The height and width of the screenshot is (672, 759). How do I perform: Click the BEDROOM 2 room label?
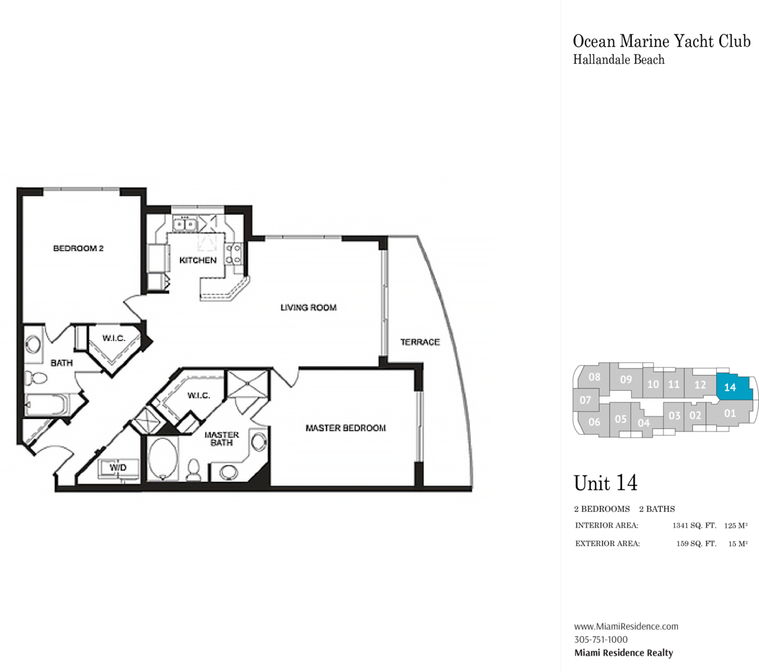pyautogui.click(x=78, y=248)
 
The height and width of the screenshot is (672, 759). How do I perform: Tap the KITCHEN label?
pyautogui.click(x=198, y=260)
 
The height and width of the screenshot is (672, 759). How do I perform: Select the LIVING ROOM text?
pyautogui.click(x=308, y=308)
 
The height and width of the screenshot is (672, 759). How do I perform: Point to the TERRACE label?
pyautogui.click(x=420, y=342)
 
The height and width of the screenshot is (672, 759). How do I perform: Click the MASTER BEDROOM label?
pyautogui.click(x=346, y=428)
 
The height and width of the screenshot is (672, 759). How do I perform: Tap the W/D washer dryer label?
pyautogui.click(x=118, y=468)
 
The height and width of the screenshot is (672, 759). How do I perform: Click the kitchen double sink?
pyautogui.click(x=185, y=224)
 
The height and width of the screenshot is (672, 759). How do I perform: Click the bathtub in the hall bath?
pyautogui.click(x=47, y=405)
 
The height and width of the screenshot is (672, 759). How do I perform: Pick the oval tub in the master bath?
pyautogui.click(x=163, y=459)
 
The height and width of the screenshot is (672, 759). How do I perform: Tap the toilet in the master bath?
pyautogui.click(x=194, y=470)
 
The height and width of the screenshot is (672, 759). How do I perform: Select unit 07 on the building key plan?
pyautogui.click(x=585, y=400)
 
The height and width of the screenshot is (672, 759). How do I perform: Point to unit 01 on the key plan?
pyautogui.click(x=729, y=414)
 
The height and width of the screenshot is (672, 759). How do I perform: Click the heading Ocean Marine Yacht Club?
pyautogui.click(x=661, y=41)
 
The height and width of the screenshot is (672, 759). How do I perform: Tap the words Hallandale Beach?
pyautogui.click(x=619, y=59)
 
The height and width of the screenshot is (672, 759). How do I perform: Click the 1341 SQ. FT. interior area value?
pyautogui.click(x=694, y=525)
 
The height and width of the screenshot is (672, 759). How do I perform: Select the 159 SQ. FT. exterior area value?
pyautogui.click(x=696, y=544)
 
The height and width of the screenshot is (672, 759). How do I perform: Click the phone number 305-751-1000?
pyautogui.click(x=601, y=640)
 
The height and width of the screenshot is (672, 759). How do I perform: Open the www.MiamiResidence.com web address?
pyautogui.click(x=627, y=627)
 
